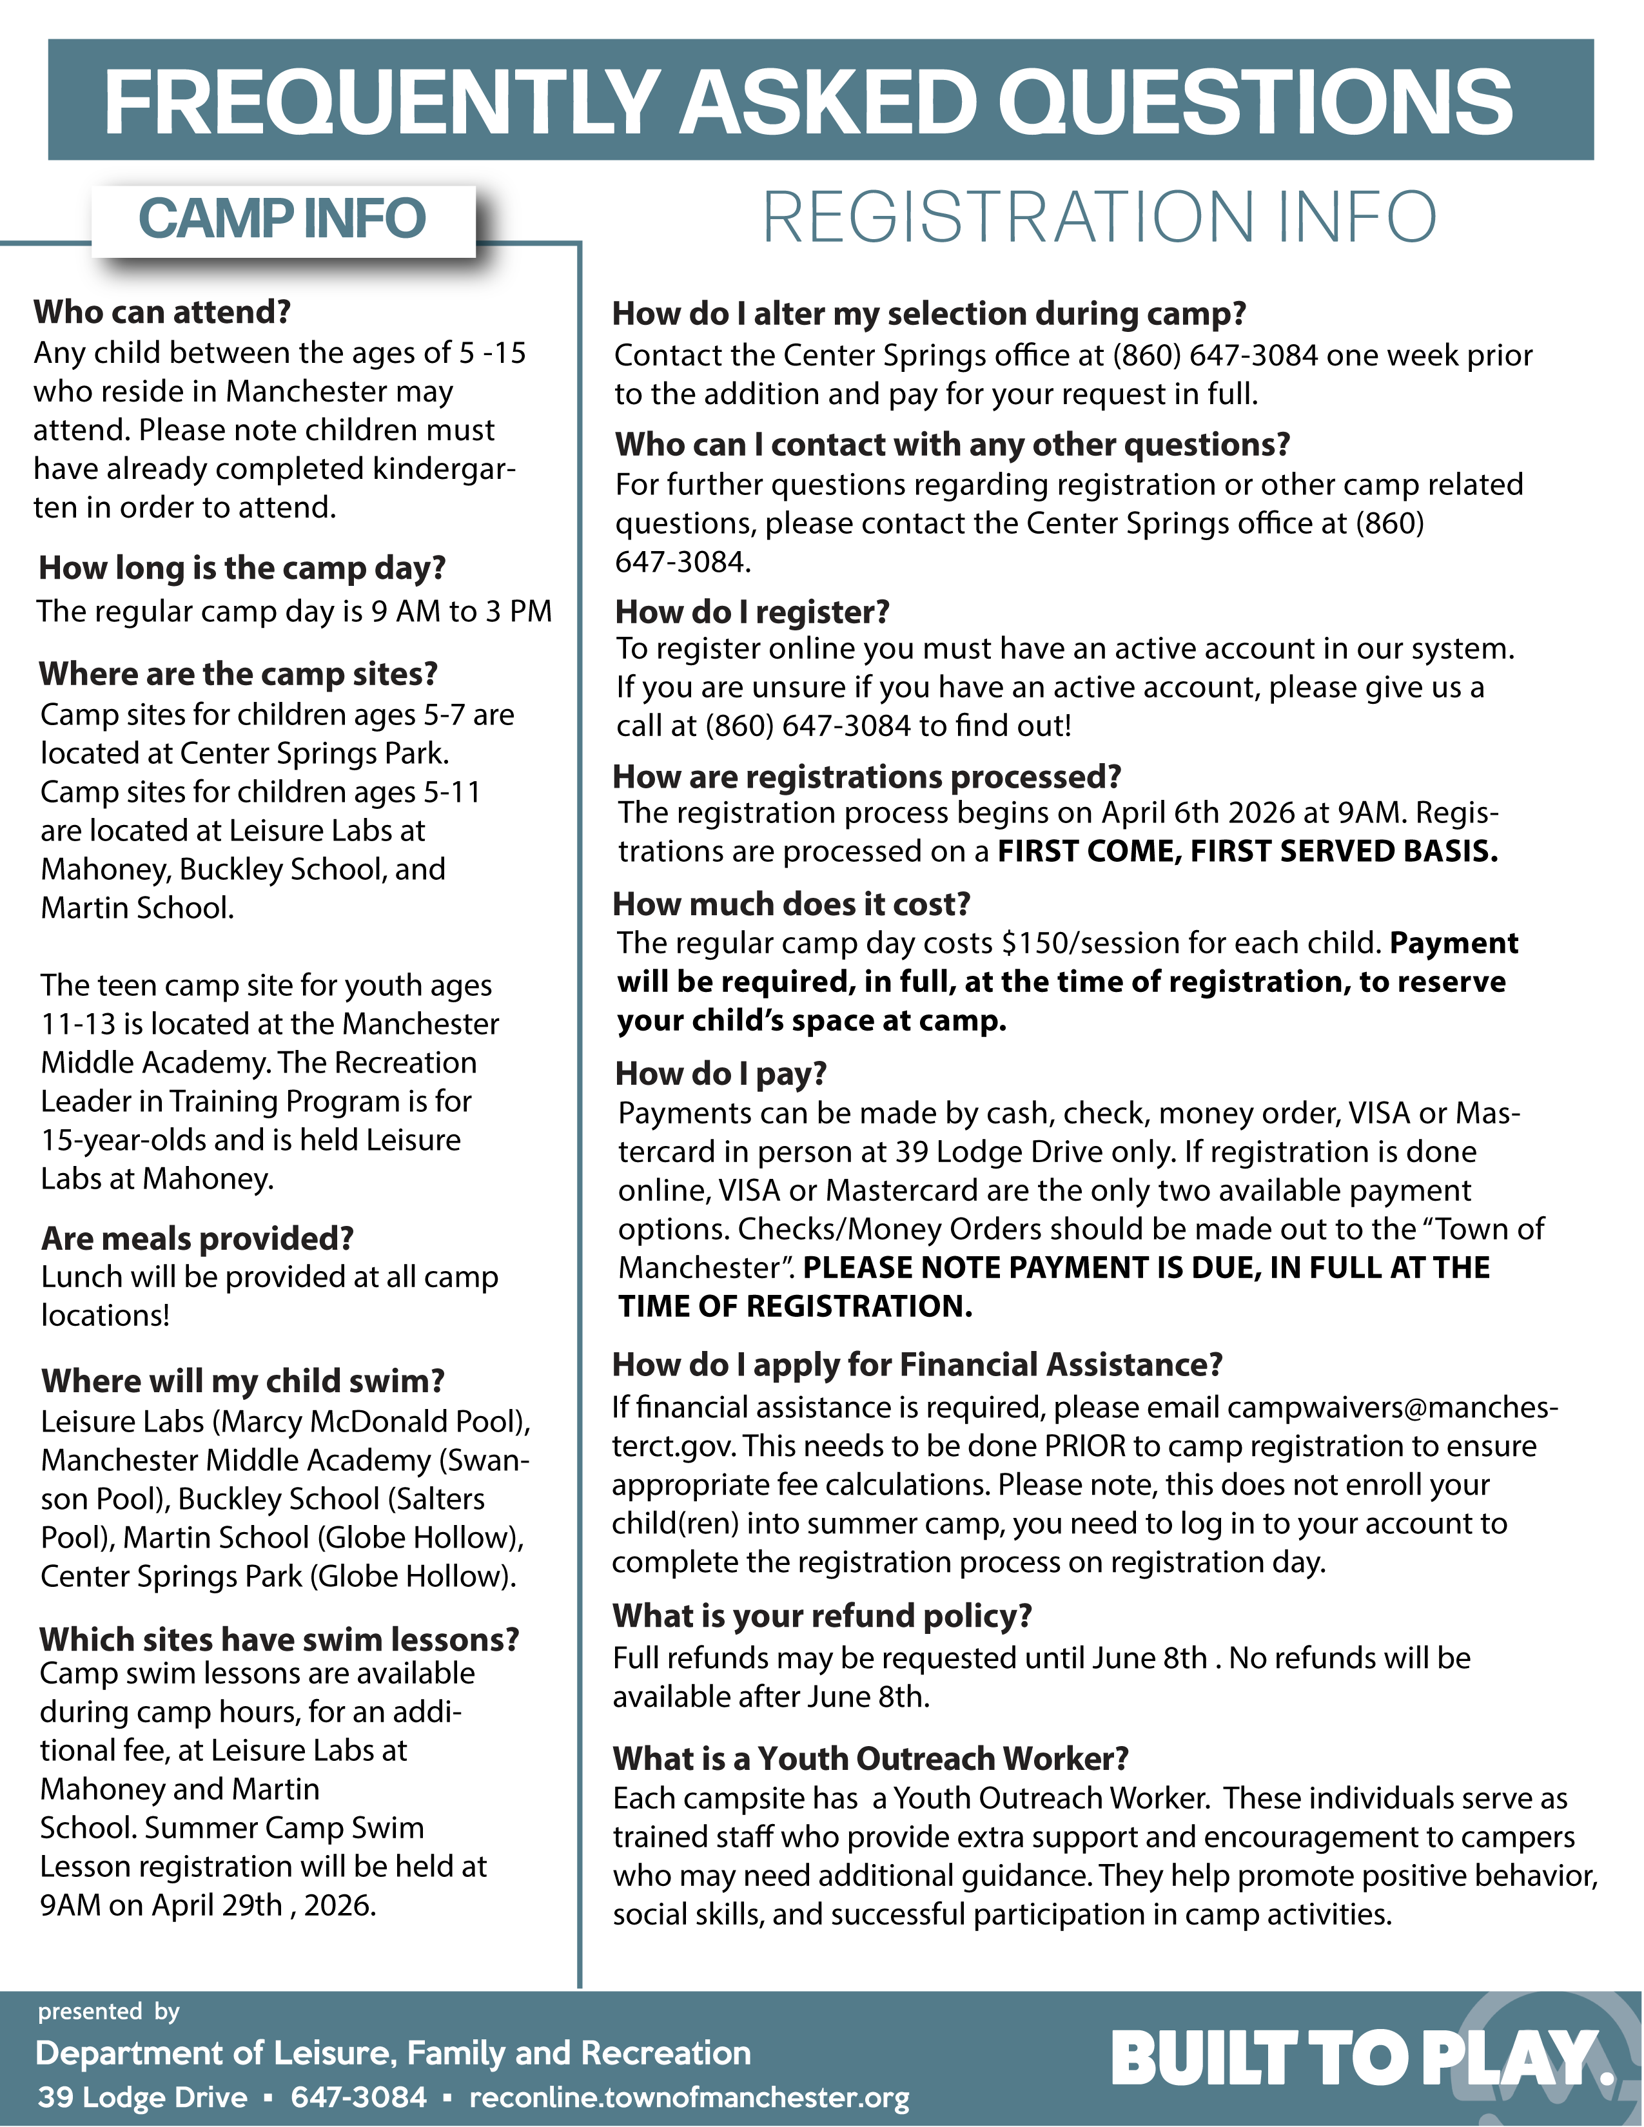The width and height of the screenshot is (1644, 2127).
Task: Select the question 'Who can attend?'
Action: (162, 312)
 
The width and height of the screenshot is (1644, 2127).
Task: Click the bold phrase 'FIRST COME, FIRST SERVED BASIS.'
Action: (1248, 851)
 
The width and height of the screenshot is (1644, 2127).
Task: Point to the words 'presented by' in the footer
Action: (108, 2011)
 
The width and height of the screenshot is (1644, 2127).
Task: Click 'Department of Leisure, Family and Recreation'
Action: (393, 2053)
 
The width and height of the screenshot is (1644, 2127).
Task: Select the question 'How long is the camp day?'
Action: (242, 568)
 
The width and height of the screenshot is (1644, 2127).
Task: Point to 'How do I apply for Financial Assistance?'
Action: (917, 1365)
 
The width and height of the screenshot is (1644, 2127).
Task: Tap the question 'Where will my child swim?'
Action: (242, 1381)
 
